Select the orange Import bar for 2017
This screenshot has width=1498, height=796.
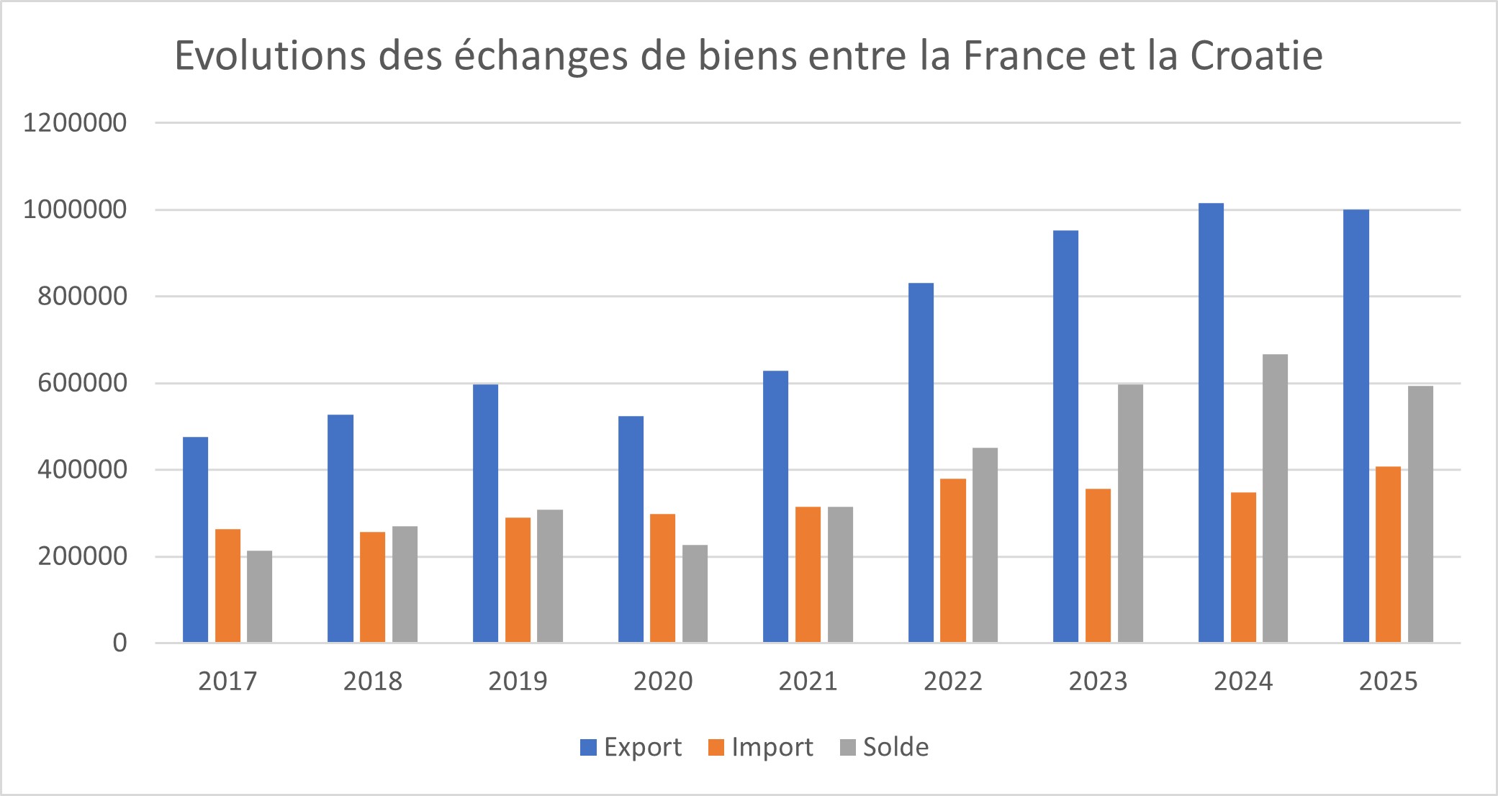tap(227, 586)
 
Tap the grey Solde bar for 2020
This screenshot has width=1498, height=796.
tap(695, 594)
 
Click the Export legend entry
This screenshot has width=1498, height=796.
tap(631, 747)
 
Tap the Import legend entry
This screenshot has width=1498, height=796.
tap(761, 747)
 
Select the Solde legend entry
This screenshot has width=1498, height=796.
tap(885, 747)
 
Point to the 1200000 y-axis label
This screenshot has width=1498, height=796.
tap(75, 123)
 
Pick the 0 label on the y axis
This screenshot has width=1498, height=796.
tap(119, 643)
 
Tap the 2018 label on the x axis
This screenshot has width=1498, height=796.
tap(372, 681)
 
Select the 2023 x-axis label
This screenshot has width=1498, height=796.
tap(1098, 681)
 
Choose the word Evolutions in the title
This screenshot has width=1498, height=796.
tap(270, 55)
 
